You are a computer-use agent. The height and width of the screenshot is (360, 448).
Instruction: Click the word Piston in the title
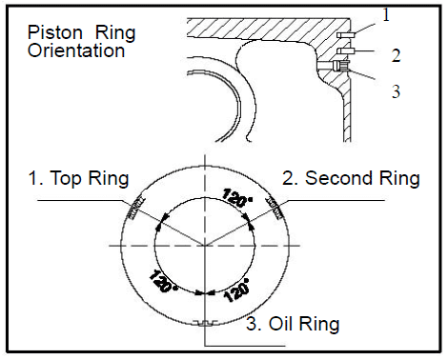(x=55, y=32)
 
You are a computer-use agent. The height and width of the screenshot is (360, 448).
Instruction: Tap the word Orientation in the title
(x=76, y=50)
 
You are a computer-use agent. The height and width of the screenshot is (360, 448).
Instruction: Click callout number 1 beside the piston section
(x=386, y=15)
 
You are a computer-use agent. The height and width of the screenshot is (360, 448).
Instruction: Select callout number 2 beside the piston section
(x=396, y=55)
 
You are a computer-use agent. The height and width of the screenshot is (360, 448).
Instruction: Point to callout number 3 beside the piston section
(x=396, y=91)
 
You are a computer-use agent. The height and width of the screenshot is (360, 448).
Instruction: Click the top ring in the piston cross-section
(x=345, y=34)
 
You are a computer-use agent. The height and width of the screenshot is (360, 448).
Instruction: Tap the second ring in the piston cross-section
(x=345, y=50)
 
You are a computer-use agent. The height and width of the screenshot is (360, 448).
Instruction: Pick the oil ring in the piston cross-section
(x=341, y=66)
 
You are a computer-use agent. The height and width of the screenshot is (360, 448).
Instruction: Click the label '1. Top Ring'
(x=78, y=178)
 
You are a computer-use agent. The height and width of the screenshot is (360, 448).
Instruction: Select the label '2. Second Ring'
(x=351, y=178)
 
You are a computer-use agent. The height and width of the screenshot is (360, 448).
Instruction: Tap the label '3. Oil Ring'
(x=293, y=324)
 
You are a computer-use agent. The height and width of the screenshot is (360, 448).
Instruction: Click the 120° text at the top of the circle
(x=237, y=197)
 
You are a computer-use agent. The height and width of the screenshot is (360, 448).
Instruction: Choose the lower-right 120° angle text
(x=236, y=290)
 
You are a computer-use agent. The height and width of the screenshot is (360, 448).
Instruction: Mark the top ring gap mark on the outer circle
(x=136, y=208)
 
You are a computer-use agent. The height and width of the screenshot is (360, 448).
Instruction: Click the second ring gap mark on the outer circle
(x=275, y=209)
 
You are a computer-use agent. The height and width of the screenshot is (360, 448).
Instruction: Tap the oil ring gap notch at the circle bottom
(x=205, y=323)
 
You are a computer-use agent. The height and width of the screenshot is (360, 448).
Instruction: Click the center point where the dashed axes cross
(x=205, y=246)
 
